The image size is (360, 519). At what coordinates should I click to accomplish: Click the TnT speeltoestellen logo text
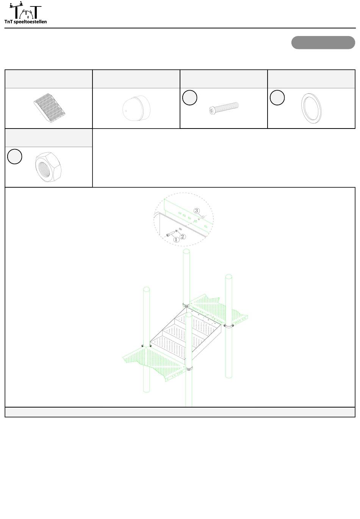(x=25, y=22)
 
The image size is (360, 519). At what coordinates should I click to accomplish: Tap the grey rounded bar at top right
(x=323, y=42)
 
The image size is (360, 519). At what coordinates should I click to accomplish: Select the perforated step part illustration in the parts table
(x=49, y=108)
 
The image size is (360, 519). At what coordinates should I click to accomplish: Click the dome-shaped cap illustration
(x=136, y=108)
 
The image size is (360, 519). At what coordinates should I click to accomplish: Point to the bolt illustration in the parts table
(x=224, y=108)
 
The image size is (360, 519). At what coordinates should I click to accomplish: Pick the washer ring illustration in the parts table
(x=311, y=108)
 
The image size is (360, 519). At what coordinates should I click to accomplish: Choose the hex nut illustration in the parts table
(x=48, y=167)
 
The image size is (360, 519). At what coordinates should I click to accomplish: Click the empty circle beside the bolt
(x=190, y=97)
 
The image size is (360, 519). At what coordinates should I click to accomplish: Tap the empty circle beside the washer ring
(x=277, y=97)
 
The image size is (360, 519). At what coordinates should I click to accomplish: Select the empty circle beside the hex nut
(x=15, y=157)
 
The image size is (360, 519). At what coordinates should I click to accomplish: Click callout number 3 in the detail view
(x=196, y=211)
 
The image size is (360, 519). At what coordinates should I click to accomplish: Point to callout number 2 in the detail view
(x=183, y=237)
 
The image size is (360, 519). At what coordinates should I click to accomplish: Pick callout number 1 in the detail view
(x=176, y=240)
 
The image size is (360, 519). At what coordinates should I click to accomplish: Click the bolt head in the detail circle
(x=168, y=235)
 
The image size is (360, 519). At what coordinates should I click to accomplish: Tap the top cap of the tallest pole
(x=186, y=251)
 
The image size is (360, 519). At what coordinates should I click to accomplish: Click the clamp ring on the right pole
(x=229, y=326)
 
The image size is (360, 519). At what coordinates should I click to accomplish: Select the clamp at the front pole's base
(x=189, y=368)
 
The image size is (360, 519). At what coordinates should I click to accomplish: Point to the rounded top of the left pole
(x=146, y=289)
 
